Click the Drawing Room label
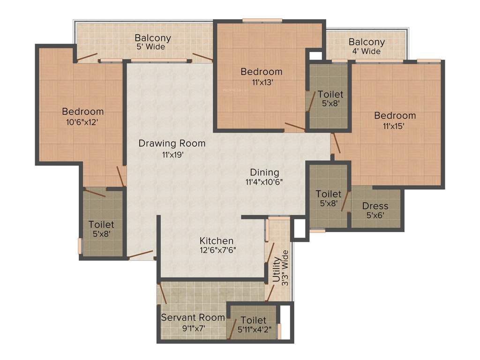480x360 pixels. [172, 143]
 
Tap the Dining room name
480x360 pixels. [264, 172]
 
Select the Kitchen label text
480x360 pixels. [216, 240]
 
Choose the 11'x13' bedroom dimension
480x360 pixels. [261, 82]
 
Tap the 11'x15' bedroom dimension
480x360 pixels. [394, 126]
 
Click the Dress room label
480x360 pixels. [375, 206]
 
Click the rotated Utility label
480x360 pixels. [277, 269]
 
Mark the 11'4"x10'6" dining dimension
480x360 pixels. [264, 182]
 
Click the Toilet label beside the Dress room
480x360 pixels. [328, 194]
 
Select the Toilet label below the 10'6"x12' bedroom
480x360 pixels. [101, 225]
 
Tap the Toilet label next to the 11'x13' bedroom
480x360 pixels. [330, 94]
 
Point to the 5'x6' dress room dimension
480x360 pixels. [375, 216]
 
